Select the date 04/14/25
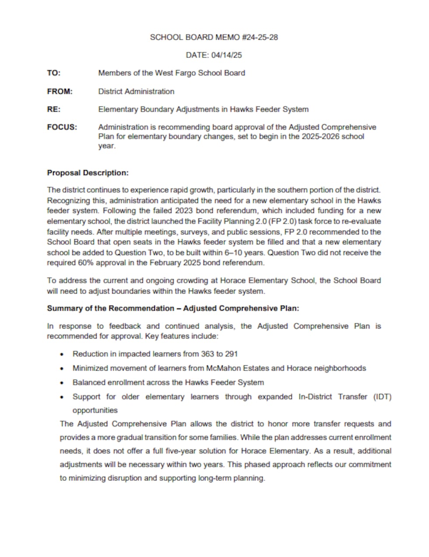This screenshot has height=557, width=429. click(226, 55)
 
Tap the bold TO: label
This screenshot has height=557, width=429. click(54, 73)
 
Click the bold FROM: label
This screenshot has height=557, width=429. click(60, 91)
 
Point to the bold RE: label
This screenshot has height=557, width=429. click(54, 109)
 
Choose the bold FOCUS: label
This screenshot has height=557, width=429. click(62, 127)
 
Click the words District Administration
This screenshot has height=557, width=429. click(136, 91)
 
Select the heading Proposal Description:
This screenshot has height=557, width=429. click(88, 173)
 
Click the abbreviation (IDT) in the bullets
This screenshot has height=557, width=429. click(382, 397)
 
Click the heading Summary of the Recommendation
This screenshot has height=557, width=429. click(110, 308)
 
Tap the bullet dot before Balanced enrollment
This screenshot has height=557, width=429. click(63, 383)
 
